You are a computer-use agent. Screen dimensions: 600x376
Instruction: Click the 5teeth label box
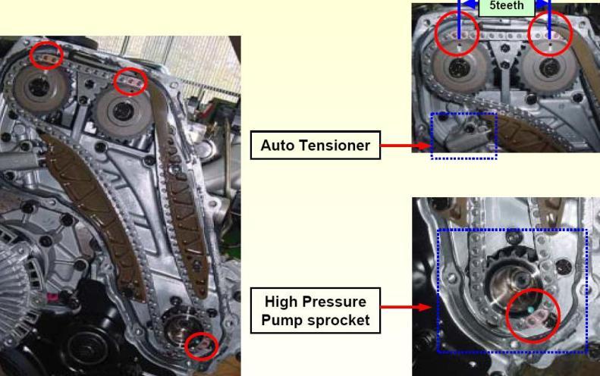coord(506,7)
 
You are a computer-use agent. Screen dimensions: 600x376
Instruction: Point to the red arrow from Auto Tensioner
coord(406,146)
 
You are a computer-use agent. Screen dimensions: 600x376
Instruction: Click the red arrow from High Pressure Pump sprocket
coord(406,307)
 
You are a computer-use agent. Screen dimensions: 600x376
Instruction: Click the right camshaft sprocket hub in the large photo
coord(123,111)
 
